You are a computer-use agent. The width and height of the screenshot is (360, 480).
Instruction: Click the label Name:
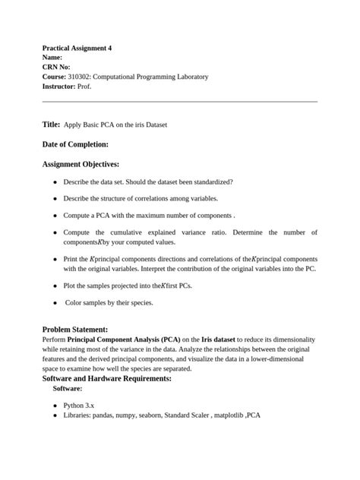pyautogui.click(x=52, y=58)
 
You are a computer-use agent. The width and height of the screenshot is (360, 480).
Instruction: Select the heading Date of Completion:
pyautogui.click(x=75, y=144)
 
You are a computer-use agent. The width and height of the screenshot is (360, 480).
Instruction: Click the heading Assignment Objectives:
pyautogui.click(x=81, y=164)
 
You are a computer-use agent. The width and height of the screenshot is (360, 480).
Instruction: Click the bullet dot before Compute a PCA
pyautogui.click(x=55, y=216)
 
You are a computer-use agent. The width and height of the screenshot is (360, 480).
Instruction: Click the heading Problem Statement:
pyautogui.click(x=78, y=328)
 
